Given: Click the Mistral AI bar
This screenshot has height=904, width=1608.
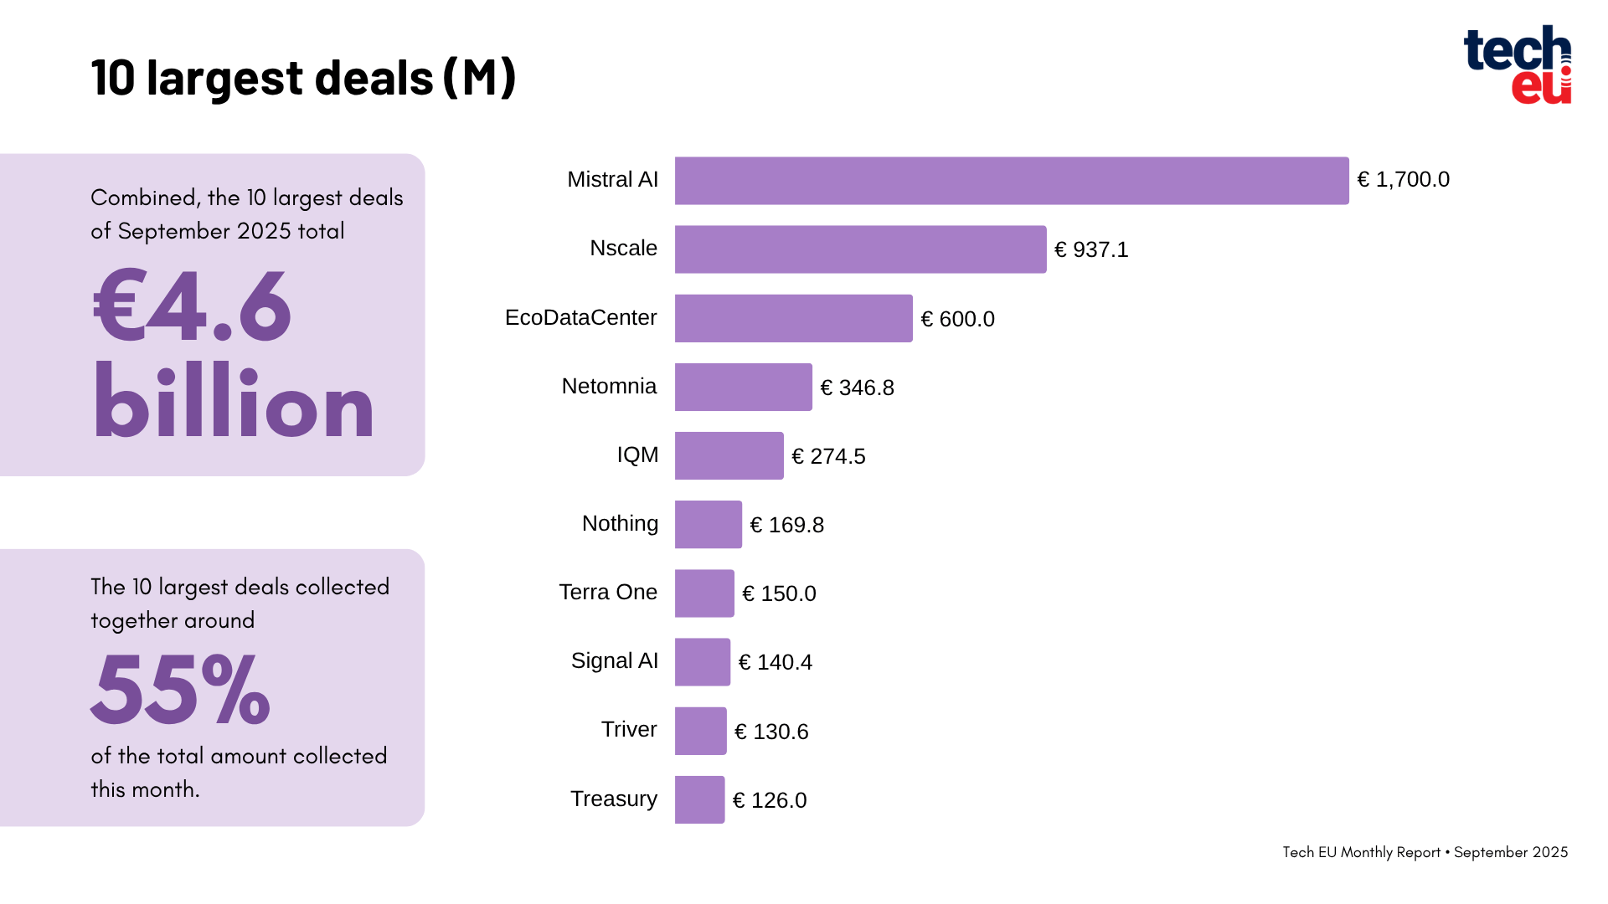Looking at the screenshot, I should (x=1012, y=181).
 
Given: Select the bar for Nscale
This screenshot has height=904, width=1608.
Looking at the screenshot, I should (x=860, y=249).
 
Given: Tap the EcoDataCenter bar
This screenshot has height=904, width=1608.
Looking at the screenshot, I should (x=793, y=318).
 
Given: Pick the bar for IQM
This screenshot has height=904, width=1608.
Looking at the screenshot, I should (x=729, y=455).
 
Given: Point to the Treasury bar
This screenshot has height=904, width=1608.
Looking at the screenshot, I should (x=699, y=799).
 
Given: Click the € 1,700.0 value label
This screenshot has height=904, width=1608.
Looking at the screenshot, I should (x=1403, y=180).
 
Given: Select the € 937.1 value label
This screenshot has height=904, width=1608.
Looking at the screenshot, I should (x=1091, y=249).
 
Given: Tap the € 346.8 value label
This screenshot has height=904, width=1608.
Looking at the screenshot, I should (x=857, y=388).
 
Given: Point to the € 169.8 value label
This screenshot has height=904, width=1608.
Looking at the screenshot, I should (x=786, y=525).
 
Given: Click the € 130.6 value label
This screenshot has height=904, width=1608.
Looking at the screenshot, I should (x=771, y=732).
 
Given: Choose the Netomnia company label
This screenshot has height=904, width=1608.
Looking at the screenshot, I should (x=609, y=386).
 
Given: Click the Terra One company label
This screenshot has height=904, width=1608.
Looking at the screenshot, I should (x=608, y=592).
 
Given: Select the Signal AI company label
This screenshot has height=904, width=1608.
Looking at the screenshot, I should (x=615, y=660).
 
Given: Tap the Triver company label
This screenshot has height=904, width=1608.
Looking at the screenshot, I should (x=629, y=729).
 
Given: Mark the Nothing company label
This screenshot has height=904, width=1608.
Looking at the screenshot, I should (x=620, y=523).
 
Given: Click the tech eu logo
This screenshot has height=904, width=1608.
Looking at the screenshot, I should (x=1517, y=64).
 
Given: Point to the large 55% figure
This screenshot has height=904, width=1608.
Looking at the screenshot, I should (x=180, y=690).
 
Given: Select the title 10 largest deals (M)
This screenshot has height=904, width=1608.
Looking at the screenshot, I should (x=303, y=77).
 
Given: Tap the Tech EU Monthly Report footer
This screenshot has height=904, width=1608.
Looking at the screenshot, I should (x=1425, y=852).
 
